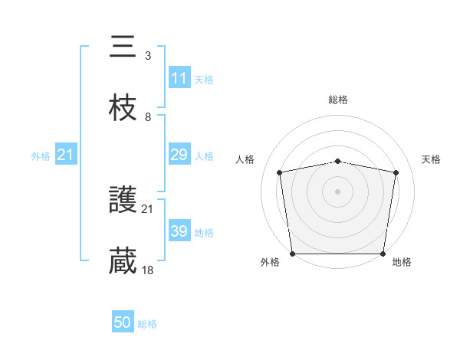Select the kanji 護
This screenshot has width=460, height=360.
123,200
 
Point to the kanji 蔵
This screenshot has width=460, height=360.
123,260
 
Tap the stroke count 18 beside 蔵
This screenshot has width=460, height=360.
148,270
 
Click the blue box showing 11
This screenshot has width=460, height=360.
179,78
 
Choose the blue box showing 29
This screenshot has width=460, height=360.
179,155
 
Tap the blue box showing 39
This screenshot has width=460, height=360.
179,231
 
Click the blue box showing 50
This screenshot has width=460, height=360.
123,323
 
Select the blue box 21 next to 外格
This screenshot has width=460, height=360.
66,155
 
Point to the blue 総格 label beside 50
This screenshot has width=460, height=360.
147,324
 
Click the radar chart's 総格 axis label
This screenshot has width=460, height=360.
338,100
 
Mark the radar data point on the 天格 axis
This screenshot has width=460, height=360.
396,172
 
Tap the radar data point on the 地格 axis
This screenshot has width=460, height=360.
383,254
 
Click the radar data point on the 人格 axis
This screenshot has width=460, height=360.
280,172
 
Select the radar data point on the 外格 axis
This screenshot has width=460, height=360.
292,254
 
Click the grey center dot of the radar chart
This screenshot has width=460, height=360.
338,191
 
